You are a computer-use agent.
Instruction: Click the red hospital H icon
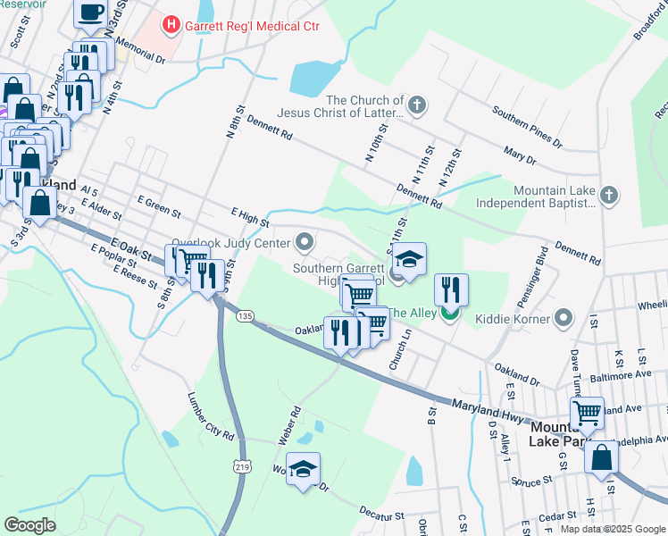click(x=171, y=26)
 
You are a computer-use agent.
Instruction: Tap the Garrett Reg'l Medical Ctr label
click(x=251, y=26)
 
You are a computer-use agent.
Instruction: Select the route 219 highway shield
click(x=242, y=467)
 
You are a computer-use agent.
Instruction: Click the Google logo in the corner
click(x=29, y=524)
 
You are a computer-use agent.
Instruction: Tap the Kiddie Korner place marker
click(x=564, y=317)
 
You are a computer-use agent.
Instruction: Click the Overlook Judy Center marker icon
click(x=305, y=242)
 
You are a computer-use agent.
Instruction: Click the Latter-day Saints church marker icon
click(x=416, y=107)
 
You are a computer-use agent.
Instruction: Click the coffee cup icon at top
click(x=90, y=13)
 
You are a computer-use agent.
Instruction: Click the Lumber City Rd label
click(x=210, y=415)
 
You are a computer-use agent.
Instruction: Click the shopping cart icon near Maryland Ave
click(x=586, y=413)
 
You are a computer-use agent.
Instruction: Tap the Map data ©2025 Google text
click(x=612, y=529)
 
